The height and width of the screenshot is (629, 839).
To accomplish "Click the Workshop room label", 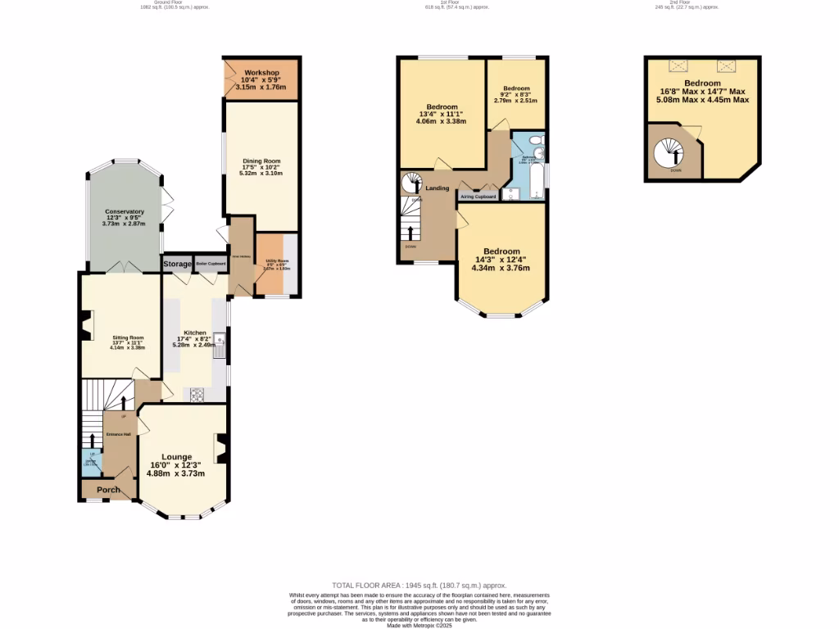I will point(261,73).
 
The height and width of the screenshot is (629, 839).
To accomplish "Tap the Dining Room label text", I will point(261,161).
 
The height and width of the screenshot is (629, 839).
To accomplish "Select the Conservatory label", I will point(124,211).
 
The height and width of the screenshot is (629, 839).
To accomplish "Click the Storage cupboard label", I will point(177,264).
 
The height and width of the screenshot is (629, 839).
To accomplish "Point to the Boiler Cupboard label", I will point(210,264).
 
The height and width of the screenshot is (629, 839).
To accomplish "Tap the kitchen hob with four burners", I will point(197,395).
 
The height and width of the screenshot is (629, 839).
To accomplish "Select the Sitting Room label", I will point(128,337).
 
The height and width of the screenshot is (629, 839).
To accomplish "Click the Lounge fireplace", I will point(220,446).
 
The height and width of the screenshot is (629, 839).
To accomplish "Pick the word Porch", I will point(109,490).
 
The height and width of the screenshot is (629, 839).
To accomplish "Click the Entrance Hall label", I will point(118,434).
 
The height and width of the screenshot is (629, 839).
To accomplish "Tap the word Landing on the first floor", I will point(437,188).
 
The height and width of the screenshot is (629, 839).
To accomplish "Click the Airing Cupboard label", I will point(478,197).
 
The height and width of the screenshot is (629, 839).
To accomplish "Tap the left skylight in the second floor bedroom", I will point(678,66).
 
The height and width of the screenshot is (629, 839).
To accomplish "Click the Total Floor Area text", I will point(419,586).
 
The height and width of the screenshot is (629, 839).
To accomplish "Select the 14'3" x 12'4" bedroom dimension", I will point(501,260).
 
